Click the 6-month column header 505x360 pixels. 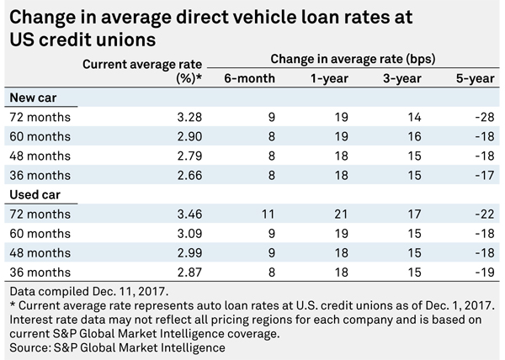click(250, 78)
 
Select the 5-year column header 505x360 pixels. click(475, 78)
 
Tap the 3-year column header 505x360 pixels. click(402, 78)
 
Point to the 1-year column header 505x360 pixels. click(329, 78)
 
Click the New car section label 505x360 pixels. click(33, 98)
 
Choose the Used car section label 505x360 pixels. click(35, 195)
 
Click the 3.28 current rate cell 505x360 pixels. click(189, 117)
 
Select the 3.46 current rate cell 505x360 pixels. click(189, 214)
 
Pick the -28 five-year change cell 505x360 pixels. click(485, 117)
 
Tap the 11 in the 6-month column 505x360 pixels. click(268, 214)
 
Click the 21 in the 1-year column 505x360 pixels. click(341, 214)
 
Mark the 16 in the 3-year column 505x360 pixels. click(414, 136)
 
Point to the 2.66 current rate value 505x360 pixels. click(189, 175)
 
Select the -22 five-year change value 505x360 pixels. click(485, 214)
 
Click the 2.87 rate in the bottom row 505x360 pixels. click(189, 273)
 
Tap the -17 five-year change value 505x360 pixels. click(485, 175)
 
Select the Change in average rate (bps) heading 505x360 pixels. click(353, 59)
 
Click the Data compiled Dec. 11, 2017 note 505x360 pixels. click(89, 292)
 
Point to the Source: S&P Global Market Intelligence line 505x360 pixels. click(117, 347)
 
